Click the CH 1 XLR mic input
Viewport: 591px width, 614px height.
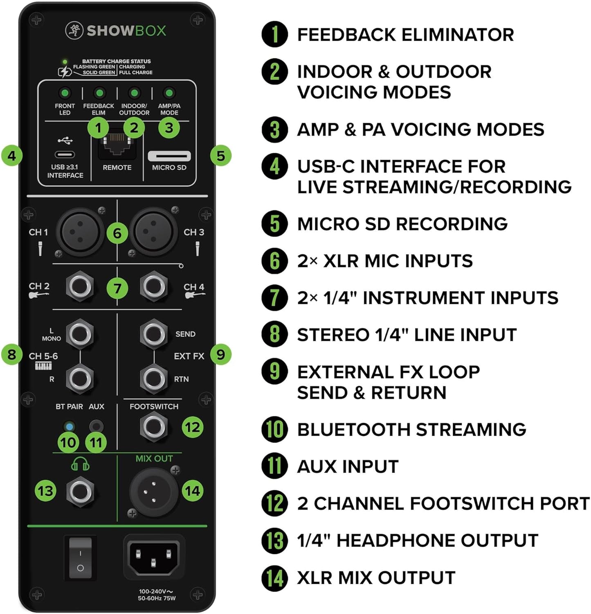point(80,232)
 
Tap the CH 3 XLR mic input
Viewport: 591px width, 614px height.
point(153,232)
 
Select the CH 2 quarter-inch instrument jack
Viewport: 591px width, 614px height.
point(80,286)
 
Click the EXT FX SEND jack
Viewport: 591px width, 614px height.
point(153,334)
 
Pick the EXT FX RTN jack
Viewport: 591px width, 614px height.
point(153,378)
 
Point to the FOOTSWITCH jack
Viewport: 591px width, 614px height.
point(153,427)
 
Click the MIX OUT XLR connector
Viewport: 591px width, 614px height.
point(153,492)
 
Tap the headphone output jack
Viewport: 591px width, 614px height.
point(80,492)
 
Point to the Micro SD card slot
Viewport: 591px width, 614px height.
point(169,156)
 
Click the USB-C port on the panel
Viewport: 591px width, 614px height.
point(65,155)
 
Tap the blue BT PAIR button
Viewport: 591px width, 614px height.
point(69,426)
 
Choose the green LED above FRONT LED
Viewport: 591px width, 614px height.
point(65,93)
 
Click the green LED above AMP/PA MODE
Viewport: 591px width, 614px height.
point(169,93)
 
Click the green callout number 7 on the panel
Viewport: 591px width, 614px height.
point(117,289)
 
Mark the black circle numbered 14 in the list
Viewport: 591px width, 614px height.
point(275,578)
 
